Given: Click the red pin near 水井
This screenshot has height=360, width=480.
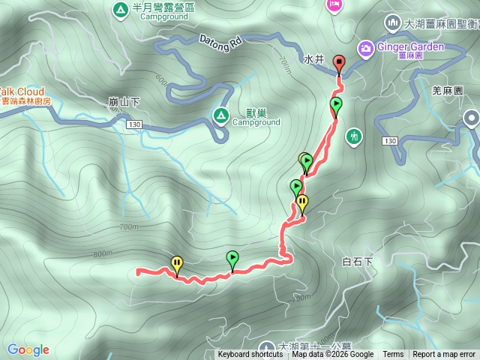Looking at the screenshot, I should (x=338, y=64).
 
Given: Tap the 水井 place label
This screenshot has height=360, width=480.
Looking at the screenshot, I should (x=314, y=58).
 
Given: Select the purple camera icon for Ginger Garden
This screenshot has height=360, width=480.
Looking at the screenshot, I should (x=365, y=47).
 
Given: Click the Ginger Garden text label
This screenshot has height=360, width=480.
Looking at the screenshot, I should (x=411, y=46).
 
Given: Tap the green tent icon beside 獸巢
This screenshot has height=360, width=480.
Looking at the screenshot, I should (x=220, y=115).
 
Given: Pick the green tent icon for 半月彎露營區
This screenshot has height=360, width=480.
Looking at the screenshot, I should (x=119, y=10).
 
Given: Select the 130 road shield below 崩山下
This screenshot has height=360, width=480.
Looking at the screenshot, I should (x=134, y=123).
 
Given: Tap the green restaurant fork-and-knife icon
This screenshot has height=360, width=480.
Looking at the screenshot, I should (x=354, y=136).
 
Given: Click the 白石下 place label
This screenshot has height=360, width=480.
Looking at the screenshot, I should (x=357, y=262).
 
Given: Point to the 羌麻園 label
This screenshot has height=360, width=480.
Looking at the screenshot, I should (x=448, y=91).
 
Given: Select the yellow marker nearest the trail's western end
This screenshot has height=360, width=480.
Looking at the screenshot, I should (x=177, y=264).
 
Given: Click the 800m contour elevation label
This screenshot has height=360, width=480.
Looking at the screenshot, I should (x=102, y=254).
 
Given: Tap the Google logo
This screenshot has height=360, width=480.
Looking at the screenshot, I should (x=28, y=349).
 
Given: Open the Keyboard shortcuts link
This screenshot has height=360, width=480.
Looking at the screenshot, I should (x=250, y=355).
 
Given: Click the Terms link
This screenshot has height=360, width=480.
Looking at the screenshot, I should (x=393, y=355).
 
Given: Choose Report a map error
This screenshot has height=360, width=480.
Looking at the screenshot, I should (x=444, y=355).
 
